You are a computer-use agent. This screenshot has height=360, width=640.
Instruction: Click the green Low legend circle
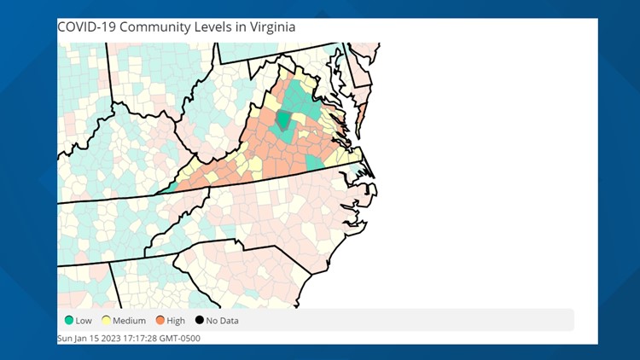point(67,321)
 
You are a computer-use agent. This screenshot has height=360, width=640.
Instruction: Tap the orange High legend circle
point(160,321)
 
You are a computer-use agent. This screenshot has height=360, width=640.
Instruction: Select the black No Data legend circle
point(199,321)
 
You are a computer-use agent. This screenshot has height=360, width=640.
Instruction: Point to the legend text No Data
point(222,321)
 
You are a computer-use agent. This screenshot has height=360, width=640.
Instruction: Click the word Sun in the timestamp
point(65,338)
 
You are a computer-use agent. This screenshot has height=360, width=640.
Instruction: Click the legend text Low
point(83,321)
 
